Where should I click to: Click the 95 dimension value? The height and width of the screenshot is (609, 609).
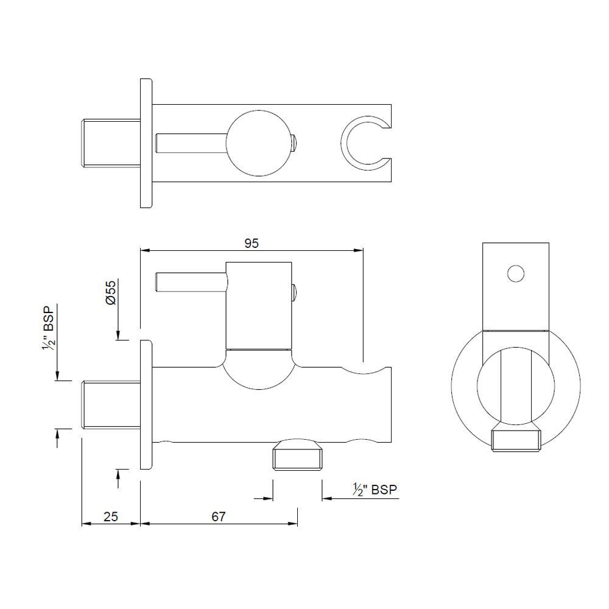[252, 243]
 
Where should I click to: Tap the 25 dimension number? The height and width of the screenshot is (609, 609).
[111, 516]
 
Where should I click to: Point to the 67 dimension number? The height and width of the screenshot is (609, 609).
[219, 516]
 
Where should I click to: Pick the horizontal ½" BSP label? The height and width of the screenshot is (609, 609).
[375, 489]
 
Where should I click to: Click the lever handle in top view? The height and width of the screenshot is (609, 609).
[190, 144]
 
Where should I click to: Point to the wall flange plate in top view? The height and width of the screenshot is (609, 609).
[146, 144]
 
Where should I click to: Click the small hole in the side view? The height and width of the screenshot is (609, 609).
[516, 274]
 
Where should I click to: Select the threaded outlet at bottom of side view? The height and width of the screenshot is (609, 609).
[516, 438]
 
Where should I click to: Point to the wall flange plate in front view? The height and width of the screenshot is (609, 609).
[146, 406]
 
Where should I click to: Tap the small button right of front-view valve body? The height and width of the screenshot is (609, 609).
[294, 292]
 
